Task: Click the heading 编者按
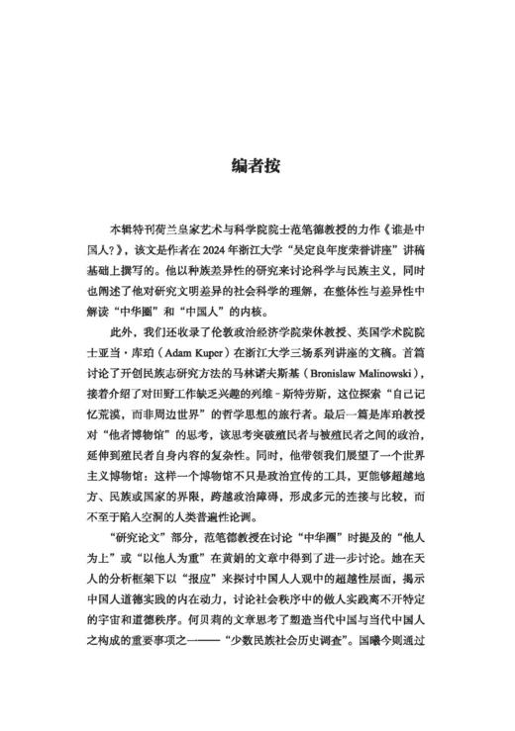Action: point(257,164)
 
